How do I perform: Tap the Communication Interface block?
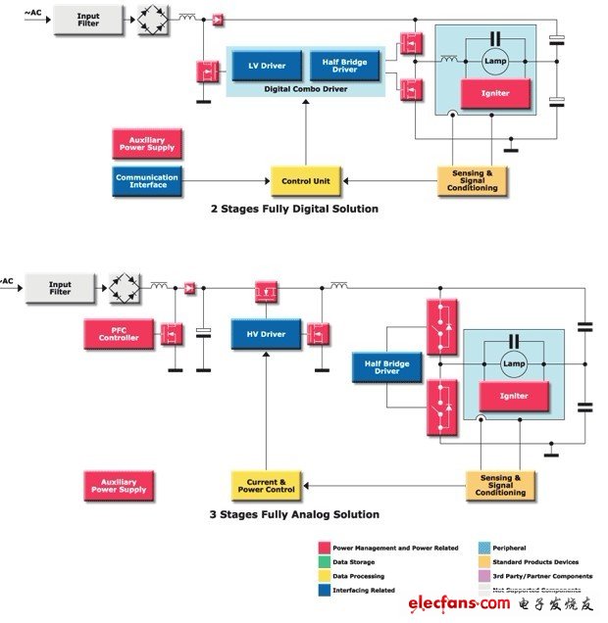pyautogui.click(x=147, y=181)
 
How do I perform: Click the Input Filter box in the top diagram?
pyautogui.click(x=88, y=18)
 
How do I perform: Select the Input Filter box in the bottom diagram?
pyautogui.click(x=61, y=287)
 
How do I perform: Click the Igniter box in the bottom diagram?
pyautogui.click(x=514, y=396)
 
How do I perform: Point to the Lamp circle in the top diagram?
pyautogui.click(x=494, y=61)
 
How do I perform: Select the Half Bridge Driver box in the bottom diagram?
pyautogui.click(x=385, y=366)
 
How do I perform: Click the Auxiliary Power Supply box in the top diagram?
pyautogui.click(x=146, y=144)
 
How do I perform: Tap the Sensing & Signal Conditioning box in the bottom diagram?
pyautogui.click(x=501, y=486)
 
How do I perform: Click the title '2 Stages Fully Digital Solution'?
pyautogui.click(x=294, y=209)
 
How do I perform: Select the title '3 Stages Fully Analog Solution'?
pyautogui.click(x=294, y=513)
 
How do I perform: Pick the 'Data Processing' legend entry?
pyautogui.click(x=359, y=576)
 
